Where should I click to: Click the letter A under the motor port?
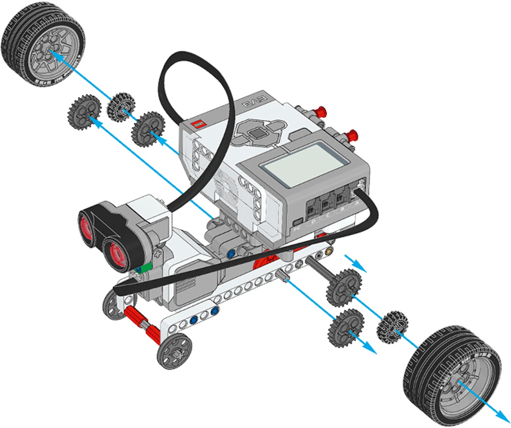tap(357, 203)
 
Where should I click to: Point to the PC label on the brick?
tap(297, 229)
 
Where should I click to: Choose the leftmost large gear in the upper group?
tap(84, 112)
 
